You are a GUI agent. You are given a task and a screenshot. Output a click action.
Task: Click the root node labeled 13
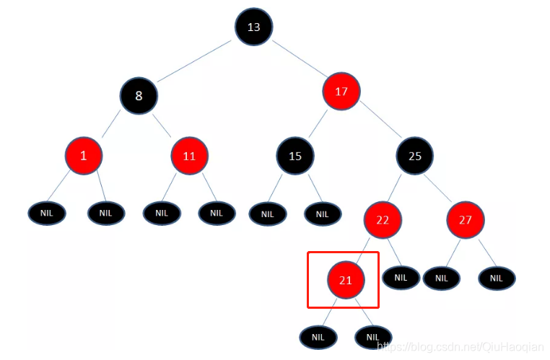(x=253, y=27)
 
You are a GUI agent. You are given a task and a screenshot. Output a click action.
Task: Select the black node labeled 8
(x=139, y=95)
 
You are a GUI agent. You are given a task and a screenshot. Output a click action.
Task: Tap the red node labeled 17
(x=342, y=92)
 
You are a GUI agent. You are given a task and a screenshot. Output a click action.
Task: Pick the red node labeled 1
(x=83, y=155)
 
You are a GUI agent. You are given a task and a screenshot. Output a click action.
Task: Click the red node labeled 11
(x=190, y=156)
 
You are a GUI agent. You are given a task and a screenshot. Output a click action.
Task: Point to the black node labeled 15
(x=294, y=155)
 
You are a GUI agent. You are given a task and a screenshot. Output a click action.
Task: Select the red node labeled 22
(x=383, y=220)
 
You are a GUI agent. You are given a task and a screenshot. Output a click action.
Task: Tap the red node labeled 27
(x=465, y=219)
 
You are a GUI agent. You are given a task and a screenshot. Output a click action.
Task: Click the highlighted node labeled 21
(x=346, y=280)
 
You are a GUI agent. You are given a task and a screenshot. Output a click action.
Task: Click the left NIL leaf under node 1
(x=47, y=213)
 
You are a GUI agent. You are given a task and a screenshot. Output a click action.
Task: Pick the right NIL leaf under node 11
(x=217, y=213)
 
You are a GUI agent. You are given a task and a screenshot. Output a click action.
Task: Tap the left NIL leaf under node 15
(x=268, y=214)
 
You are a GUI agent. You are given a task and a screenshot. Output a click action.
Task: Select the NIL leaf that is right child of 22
(x=401, y=277)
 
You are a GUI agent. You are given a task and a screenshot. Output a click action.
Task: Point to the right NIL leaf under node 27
(x=497, y=278)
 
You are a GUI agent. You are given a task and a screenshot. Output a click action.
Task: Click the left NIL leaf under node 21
(x=318, y=336)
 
